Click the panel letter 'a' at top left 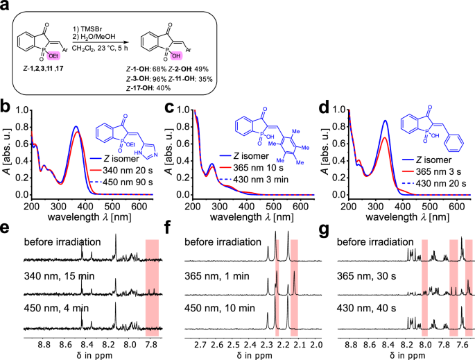click(x=6, y=6)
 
